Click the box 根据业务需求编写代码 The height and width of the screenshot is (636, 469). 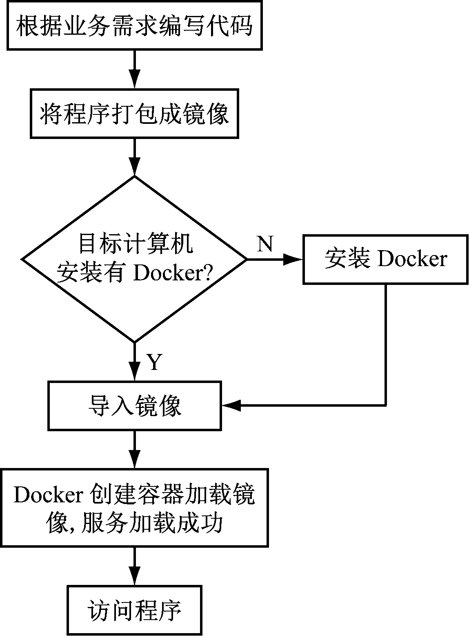tap(134, 25)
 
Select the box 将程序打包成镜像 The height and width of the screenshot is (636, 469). tap(134, 114)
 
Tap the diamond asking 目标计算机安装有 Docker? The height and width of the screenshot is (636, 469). tap(134, 259)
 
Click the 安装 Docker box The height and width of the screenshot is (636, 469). tap(385, 259)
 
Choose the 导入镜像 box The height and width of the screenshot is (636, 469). tap(134, 405)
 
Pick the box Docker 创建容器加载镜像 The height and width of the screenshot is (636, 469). tap(134, 507)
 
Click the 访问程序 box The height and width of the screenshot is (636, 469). tap(134, 610)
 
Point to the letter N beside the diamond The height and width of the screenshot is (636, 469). tap(265, 244)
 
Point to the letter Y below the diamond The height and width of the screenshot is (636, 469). tap(154, 362)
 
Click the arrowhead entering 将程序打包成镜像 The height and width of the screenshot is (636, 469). tap(134, 82)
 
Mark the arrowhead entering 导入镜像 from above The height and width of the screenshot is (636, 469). tap(134, 374)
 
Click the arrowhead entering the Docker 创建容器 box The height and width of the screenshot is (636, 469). tap(134, 461)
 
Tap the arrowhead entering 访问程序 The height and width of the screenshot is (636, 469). tap(134, 579)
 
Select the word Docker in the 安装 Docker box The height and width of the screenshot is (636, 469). tap(412, 259)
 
